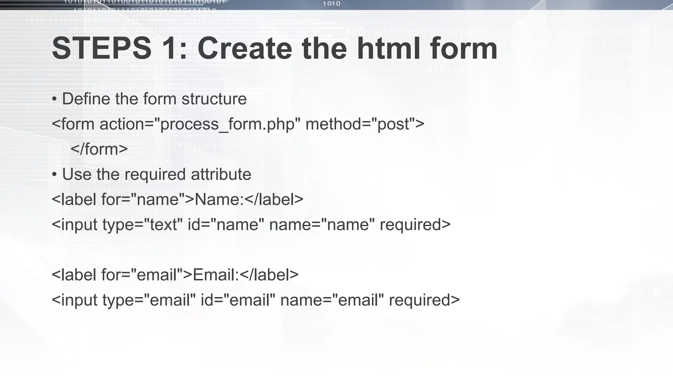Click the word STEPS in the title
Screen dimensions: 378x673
(102, 49)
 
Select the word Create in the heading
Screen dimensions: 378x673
(244, 49)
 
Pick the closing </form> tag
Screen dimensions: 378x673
(99, 149)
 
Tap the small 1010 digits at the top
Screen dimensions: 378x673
(331, 4)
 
